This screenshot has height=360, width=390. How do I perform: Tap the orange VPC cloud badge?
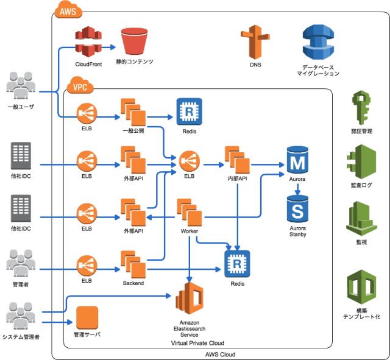79,86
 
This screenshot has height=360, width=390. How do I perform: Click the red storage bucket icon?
134,41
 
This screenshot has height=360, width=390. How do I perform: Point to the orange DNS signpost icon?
255,41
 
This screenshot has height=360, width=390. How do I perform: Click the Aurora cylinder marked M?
297,161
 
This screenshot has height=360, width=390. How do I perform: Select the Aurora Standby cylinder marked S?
297,210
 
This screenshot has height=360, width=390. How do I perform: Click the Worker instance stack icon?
190,213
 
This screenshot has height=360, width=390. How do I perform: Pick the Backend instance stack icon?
133,263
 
